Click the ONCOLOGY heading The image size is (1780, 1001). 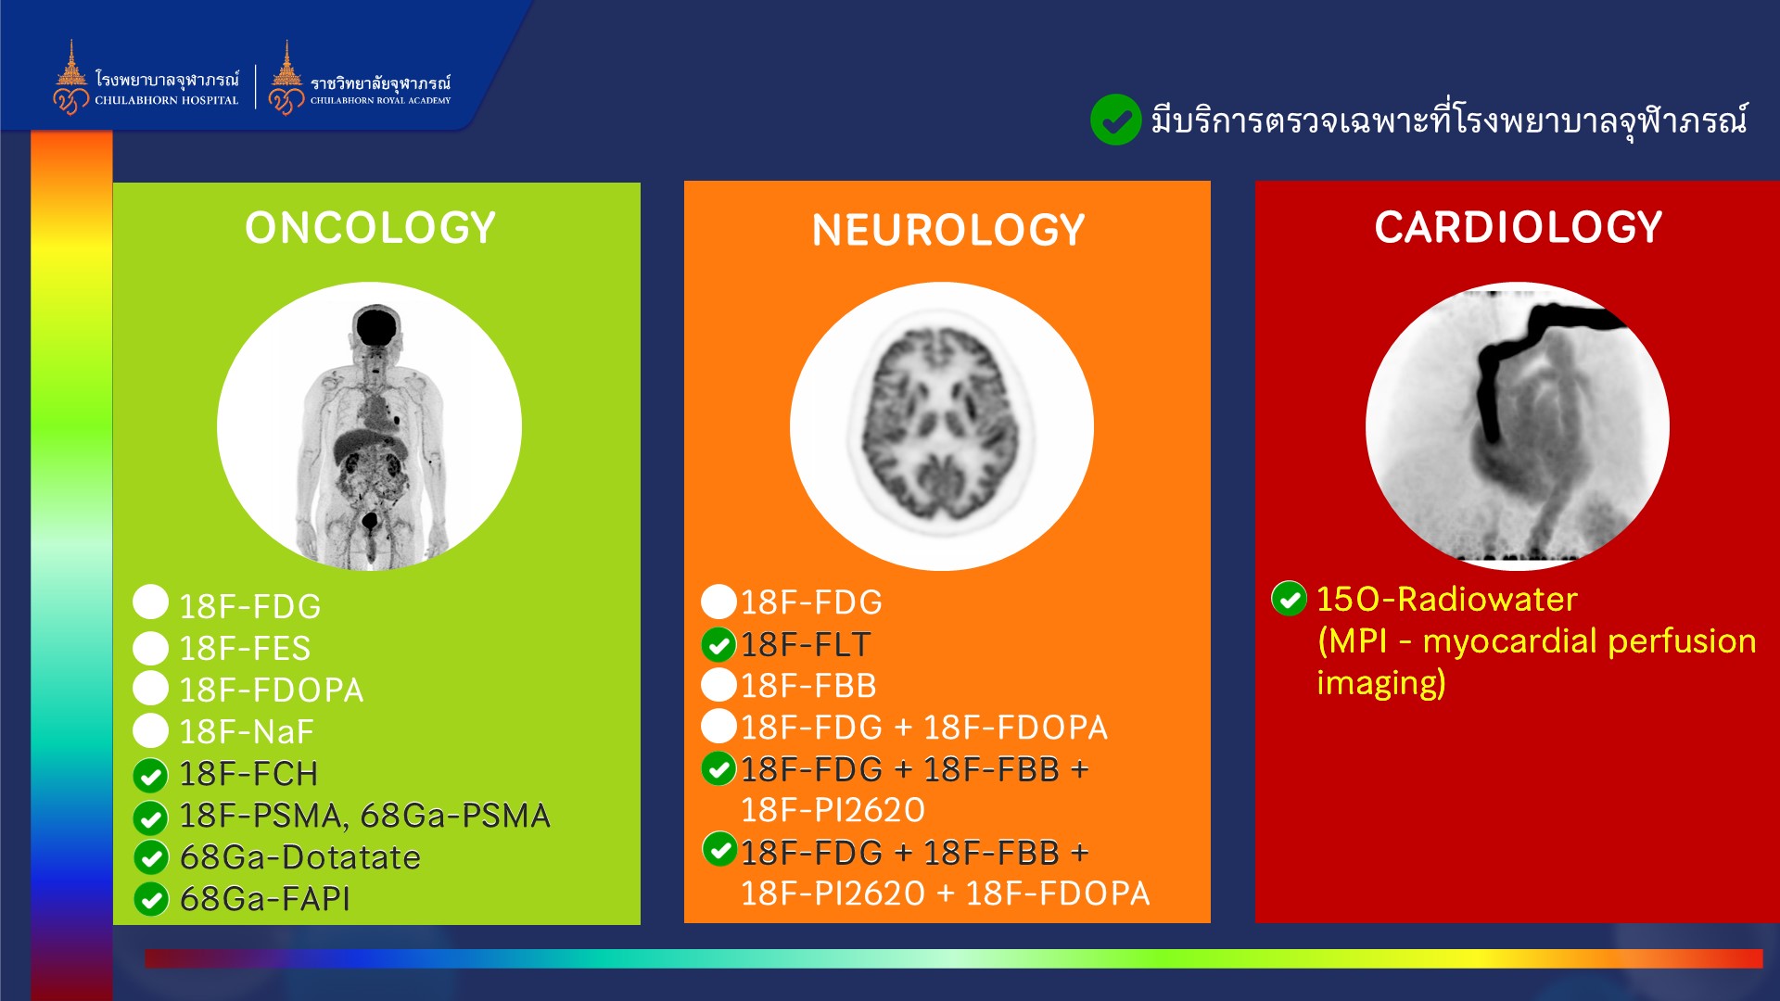[x=370, y=228]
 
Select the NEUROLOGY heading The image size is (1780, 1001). [x=948, y=230]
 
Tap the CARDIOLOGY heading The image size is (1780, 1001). [x=1519, y=227]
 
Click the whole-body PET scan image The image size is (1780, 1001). [x=369, y=426]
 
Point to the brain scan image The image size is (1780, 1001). [x=942, y=426]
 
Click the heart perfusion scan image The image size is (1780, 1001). [x=1518, y=426]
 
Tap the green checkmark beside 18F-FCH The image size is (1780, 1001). [x=150, y=775]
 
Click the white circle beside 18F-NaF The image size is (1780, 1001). [x=150, y=730]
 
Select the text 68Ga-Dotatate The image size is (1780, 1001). [x=300, y=857]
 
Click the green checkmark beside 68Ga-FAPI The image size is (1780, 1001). [x=151, y=899]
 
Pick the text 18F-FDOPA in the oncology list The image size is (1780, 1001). [x=272, y=691]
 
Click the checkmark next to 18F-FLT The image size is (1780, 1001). [x=718, y=644]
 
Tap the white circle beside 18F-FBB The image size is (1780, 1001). [x=718, y=684]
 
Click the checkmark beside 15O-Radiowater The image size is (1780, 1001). [x=1289, y=599]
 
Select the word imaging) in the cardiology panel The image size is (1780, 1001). [x=1381, y=683]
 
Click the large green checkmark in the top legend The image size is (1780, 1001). [x=1115, y=120]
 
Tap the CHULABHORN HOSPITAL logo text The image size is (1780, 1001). [x=167, y=100]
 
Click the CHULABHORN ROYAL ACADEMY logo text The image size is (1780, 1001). [x=380, y=100]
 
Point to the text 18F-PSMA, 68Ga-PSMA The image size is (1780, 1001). [x=365, y=816]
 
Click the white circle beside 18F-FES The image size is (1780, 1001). [x=150, y=647]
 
